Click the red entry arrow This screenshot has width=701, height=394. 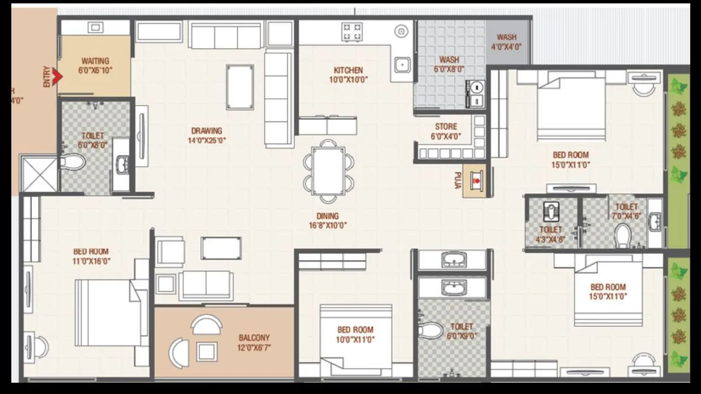(57, 76)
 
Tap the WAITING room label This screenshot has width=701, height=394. (95, 66)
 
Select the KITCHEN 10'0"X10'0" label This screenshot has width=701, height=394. (348, 75)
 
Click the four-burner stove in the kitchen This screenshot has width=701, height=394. (351, 32)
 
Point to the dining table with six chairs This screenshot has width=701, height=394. (328, 171)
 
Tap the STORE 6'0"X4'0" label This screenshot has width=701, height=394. (446, 131)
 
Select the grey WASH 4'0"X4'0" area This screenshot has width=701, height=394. (509, 42)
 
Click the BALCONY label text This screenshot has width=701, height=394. (254, 343)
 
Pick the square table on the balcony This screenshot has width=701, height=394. (206, 352)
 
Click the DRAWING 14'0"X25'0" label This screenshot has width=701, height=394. (207, 135)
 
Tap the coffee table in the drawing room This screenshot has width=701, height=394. (240, 86)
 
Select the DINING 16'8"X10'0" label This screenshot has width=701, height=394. (328, 220)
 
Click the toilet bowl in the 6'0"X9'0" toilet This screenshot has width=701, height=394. (432, 330)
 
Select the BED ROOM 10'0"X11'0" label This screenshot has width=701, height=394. (355, 335)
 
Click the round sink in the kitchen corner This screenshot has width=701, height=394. (402, 32)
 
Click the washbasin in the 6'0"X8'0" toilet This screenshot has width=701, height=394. (122, 166)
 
